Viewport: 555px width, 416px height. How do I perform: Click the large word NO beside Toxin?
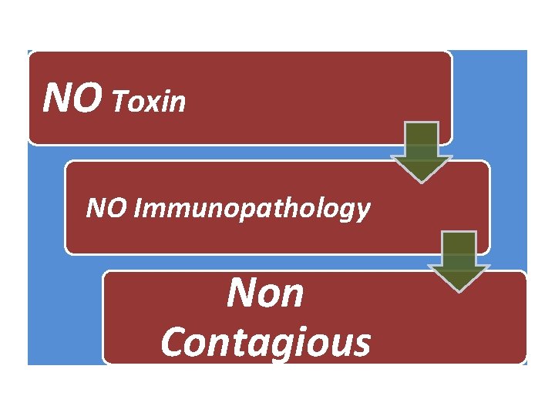tap(72, 97)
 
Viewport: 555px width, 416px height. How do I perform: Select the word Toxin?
tap(148, 102)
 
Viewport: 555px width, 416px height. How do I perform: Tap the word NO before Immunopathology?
tap(106, 207)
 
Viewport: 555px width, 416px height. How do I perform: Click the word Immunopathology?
tap(252, 210)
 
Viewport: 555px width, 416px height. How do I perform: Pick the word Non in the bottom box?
tap(265, 293)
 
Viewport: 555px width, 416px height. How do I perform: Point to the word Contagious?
tap(266, 342)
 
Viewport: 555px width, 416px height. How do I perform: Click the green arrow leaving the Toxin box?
tap(421, 152)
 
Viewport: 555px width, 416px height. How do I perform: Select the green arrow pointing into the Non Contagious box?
tap(459, 262)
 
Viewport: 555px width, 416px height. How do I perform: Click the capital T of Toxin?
tap(119, 102)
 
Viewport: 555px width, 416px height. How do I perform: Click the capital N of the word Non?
tap(243, 293)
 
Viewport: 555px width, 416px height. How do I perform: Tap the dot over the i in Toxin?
tap(169, 92)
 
